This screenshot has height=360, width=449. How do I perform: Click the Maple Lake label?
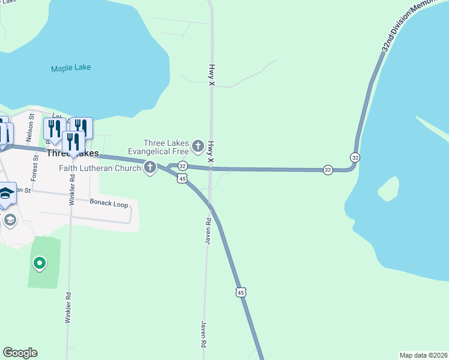[x=71, y=67]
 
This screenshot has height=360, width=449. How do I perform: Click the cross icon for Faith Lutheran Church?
[x=149, y=168]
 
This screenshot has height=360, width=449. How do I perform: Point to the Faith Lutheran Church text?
[x=100, y=168]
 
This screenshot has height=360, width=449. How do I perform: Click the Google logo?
[x=20, y=353]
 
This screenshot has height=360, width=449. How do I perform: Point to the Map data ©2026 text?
[x=423, y=355]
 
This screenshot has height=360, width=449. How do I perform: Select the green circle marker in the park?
[x=40, y=263]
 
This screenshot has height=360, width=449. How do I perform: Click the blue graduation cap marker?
[x=6, y=194]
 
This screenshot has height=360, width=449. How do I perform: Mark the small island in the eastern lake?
[x=388, y=190]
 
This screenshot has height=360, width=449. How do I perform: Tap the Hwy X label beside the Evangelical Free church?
[x=211, y=152]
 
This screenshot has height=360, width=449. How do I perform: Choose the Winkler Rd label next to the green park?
[x=68, y=307]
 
